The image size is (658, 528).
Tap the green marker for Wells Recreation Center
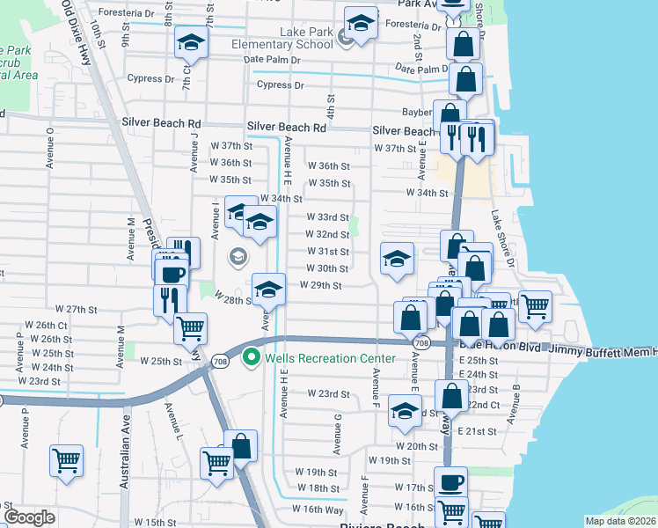tap(251, 357)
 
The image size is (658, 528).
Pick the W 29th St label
tap(320, 285)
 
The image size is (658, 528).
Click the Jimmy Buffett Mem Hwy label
tap(604, 350)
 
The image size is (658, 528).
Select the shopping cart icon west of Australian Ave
tap(67, 460)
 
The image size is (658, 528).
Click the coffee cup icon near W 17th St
tap(451, 482)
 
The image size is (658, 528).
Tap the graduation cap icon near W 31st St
tap(397, 259)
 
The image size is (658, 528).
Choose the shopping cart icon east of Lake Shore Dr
tap(535, 306)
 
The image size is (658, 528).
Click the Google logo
tap(29, 517)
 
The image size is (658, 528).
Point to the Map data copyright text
tap(620, 521)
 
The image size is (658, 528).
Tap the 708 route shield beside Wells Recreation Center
tap(220, 360)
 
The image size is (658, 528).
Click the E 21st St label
tap(480, 431)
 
